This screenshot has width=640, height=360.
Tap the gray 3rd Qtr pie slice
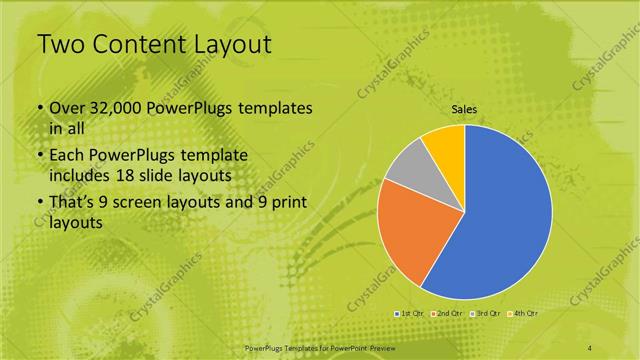click(x=409, y=167)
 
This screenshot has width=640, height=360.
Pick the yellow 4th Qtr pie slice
click(x=444, y=144)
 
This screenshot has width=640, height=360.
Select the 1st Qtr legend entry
click(x=410, y=313)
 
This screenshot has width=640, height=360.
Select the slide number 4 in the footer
click(x=589, y=346)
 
